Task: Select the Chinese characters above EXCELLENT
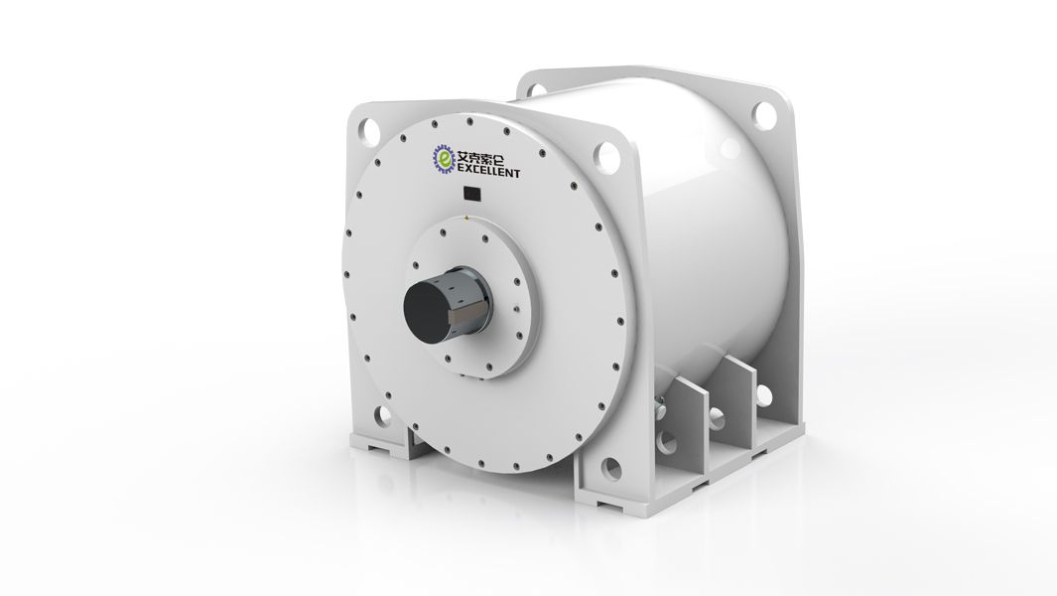[485, 158]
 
